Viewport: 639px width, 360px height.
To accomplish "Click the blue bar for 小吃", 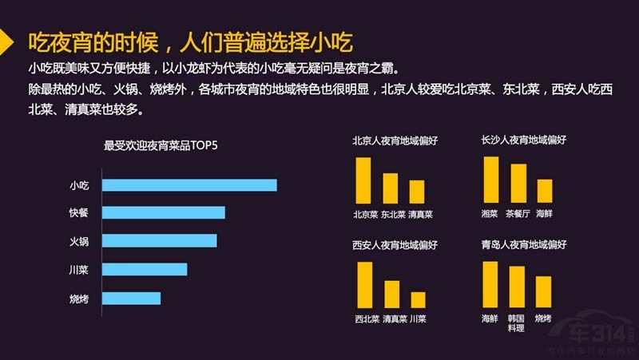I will [x=191, y=185].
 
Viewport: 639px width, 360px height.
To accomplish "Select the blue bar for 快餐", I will [x=165, y=212].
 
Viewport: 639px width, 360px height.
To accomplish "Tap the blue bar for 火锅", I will [x=161, y=240].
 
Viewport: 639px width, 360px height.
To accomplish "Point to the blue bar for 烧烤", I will [x=133, y=298].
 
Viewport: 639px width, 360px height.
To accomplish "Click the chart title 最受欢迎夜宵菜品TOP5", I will [x=161, y=146].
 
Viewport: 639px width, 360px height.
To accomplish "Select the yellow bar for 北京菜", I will [x=363, y=180].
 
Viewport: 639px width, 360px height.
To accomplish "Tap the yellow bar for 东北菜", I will [x=391, y=188].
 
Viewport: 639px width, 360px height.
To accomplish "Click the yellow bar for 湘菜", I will [x=491, y=180].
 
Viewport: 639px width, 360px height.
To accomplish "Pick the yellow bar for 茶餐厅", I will [x=518, y=183].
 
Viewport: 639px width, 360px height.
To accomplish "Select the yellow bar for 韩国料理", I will [x=517, y=287].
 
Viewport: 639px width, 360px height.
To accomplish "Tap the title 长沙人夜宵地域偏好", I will [x=523, y=140].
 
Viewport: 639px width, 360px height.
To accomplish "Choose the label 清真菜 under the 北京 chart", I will [x=419, y=214].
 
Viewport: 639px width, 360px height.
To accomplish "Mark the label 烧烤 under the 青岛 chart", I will [x=543, y=318].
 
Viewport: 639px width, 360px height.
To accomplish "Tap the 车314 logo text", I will [x=598, y=333].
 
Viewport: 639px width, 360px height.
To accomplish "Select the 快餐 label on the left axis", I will [x=79, y=212].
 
